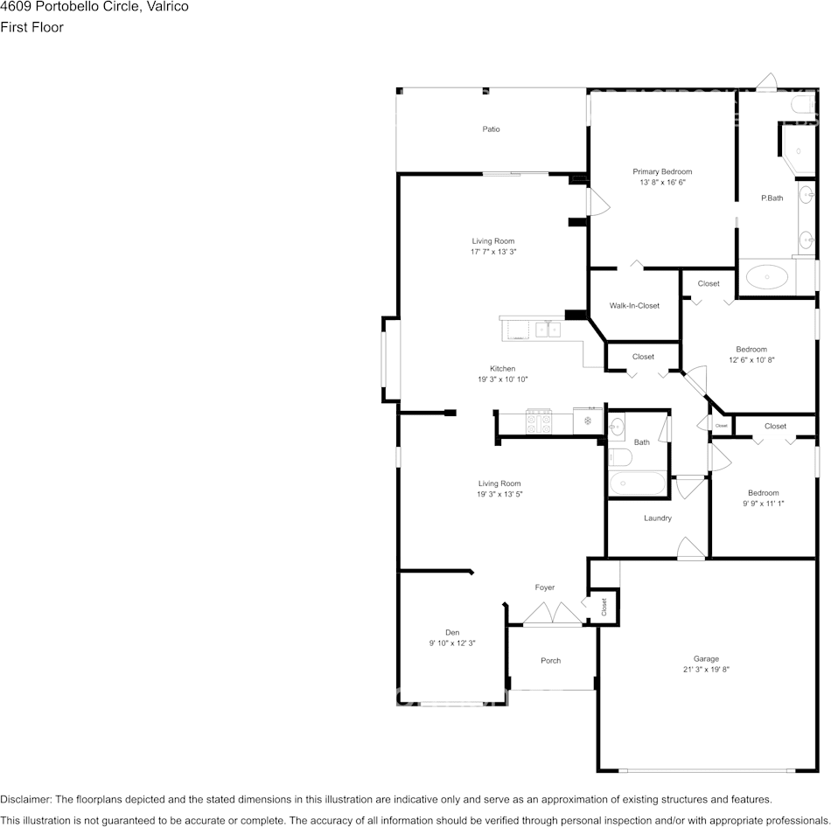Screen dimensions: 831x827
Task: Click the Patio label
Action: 491,129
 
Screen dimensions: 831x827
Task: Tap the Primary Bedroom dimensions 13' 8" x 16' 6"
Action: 662,182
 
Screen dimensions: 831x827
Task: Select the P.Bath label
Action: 772,198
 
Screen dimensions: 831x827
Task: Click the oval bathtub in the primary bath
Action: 767,276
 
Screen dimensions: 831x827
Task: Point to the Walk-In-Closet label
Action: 634,306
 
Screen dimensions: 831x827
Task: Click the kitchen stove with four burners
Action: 539,421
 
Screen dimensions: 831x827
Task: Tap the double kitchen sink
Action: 548,330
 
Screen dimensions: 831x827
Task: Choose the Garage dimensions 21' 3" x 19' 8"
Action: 706,670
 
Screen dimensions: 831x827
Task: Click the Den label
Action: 452,633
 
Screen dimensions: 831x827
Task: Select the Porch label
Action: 550,661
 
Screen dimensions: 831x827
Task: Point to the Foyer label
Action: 545,587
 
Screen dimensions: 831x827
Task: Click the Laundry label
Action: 658,518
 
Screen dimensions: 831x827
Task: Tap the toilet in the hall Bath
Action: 619,457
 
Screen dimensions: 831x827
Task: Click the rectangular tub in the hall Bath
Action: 638,483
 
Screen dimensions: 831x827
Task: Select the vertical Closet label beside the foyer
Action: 604,608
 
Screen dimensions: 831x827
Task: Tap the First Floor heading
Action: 31,27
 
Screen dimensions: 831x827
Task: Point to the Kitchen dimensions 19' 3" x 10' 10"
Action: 503,379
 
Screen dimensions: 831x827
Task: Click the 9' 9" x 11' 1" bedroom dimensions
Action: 763,504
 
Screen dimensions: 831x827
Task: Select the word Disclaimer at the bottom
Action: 25,799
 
